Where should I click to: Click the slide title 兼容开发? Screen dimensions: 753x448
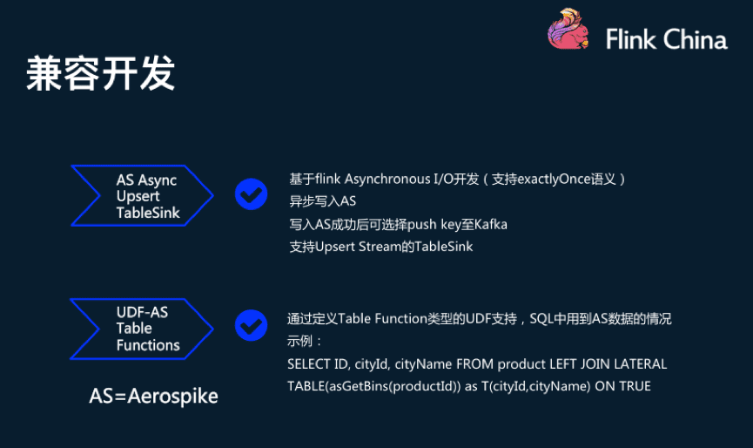pos(101,73)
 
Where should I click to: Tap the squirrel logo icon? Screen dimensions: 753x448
pos(568,29)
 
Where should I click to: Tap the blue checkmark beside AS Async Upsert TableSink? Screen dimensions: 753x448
pos(252,193)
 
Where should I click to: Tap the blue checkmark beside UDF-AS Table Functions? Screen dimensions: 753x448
pos(252,325)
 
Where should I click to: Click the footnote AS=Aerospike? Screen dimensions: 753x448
pos(153,396)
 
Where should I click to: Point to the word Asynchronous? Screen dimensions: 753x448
pos(386,179)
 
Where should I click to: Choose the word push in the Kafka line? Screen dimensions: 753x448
pos(423,224)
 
